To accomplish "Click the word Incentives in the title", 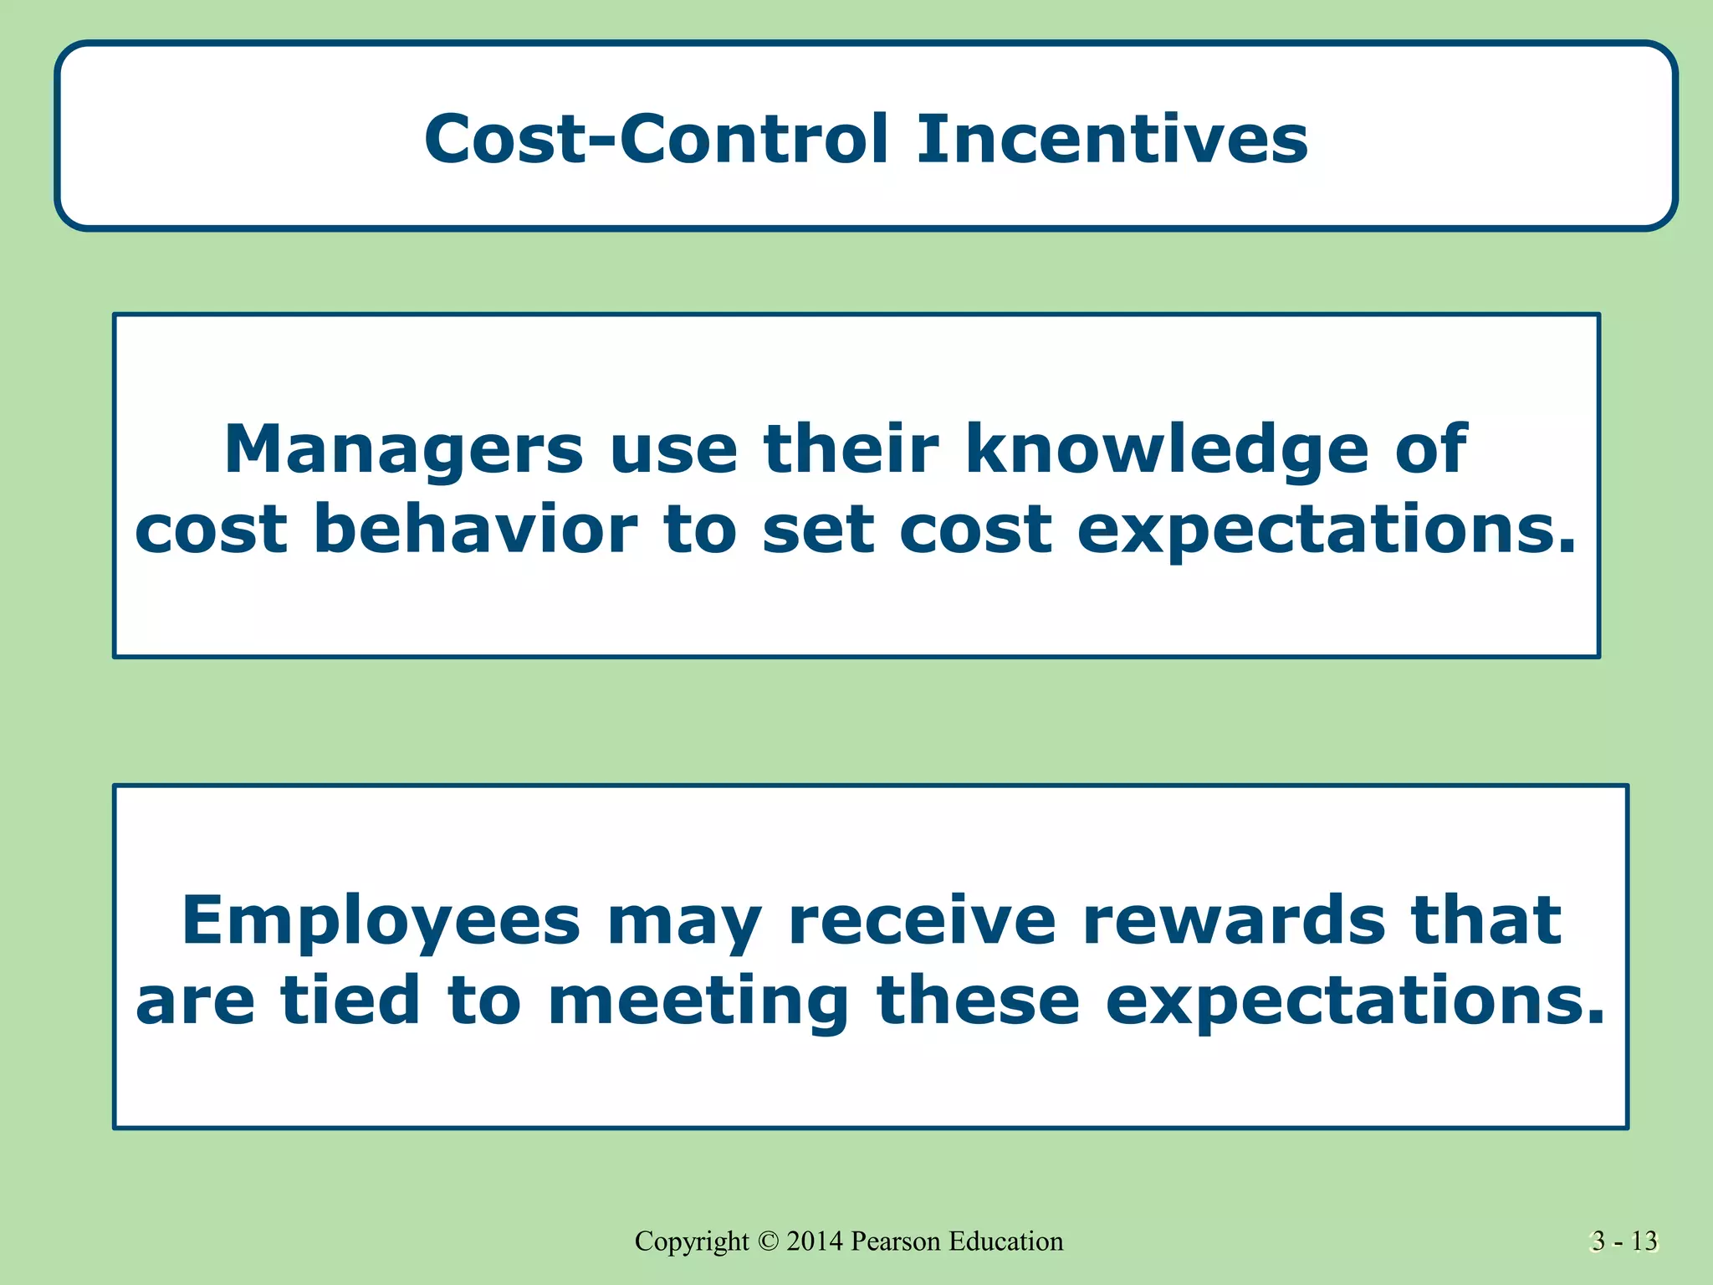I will click(x=1112, y=139).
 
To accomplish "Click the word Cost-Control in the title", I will click(x=657, y=139).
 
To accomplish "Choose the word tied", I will click(x=350, y=1001).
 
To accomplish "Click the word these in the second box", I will click(x=978, y=1001).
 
